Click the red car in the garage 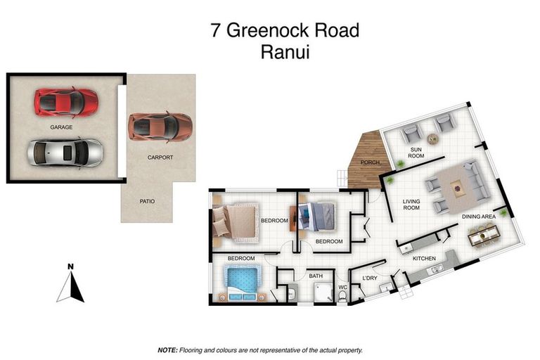pyautogui.click(x=65, y=101)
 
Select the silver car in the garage pyautogui.click(x=65, y=151)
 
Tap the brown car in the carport pyautogui.click(x=160, y=127)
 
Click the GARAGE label pyautogui.click(x=62, y=127)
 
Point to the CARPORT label pyautogui.click(x=160, y=157)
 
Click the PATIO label pyautogui.click(x=147, y=201)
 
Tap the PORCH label pyautogui.click(x=370, y=163)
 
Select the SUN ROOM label pyautogui.click(x=416, y=153)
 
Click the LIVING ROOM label pyautogui.click(x=411, y=205)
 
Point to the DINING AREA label pyautogui.click(x=478, y=217)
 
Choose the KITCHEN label pyautogui.click(x=424, y=259)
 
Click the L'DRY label pyautogui.click(x=370, y=279)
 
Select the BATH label pyautogui.click(x=316, y=276)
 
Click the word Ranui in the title pyautogui.click(x=285, y=51)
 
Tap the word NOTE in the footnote pyautogui.click(x=167, y=349)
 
